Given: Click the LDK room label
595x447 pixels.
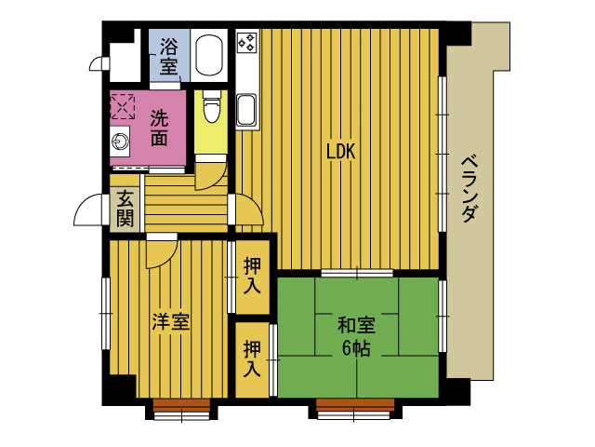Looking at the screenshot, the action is click(x=341, y=151).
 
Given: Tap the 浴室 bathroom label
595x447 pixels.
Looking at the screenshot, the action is click(x=168, y=56).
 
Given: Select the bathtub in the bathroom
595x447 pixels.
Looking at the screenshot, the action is click(x=208, y=56).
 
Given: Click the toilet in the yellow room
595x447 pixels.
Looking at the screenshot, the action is click(x=211, y=106).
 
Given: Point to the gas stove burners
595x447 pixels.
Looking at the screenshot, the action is click(x=246, y=42).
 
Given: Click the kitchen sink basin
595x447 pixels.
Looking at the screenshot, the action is click(x=245, y=110).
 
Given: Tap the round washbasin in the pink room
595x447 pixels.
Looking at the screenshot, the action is click(x=120, y=142).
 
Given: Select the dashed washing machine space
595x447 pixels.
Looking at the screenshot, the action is click(x=122, y=107).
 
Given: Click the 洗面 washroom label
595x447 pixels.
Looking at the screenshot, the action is click(x=159, y=128).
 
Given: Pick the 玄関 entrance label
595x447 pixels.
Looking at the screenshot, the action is click(x=125, y=209).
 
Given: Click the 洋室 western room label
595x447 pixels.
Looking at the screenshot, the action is click(x=170, y=322).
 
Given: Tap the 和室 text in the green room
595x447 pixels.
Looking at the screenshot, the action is click(x=356, y=326).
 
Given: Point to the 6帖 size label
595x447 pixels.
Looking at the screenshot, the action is click(x=356, y=347).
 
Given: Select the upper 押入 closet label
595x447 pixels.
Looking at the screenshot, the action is click(x=252, y=276).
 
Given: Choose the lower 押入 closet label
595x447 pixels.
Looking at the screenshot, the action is click(x=252, y=358).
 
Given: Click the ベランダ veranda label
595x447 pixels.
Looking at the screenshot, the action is click(x=469, y=188).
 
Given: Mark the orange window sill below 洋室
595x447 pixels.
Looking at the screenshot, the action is click(x=182, y=403).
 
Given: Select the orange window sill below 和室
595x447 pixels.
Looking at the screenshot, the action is click(x=355, y=403).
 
